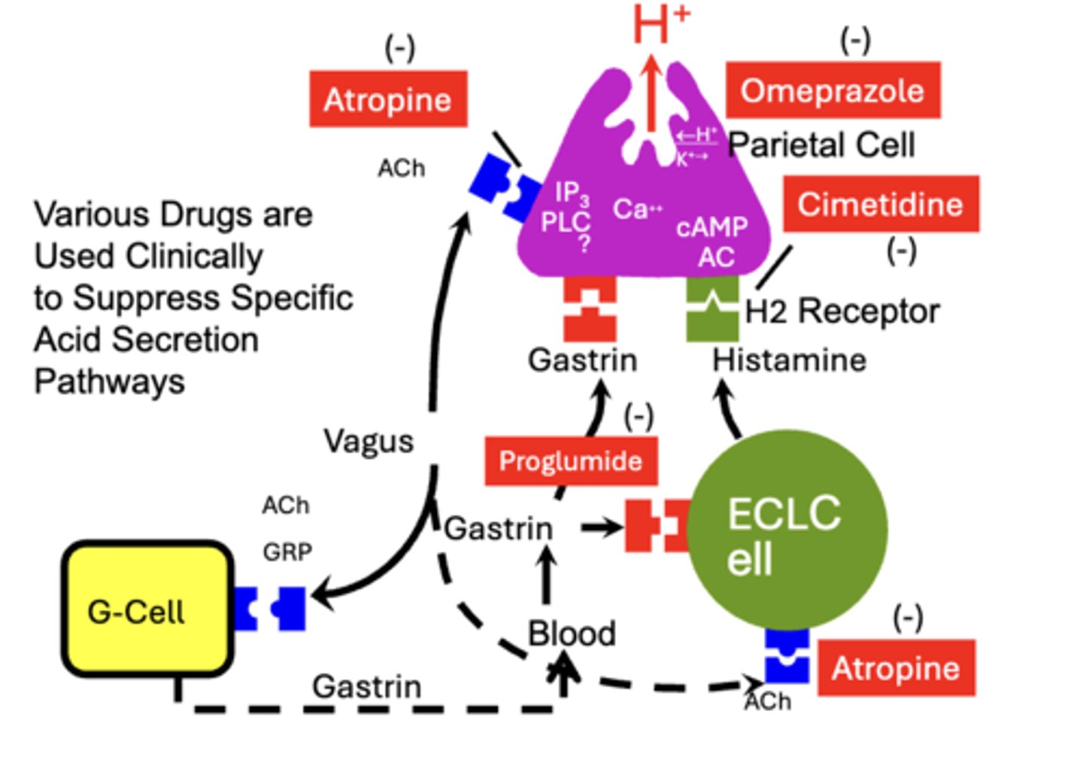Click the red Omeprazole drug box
coord(833,90)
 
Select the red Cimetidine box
coord(881,204)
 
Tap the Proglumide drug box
coord(571,460)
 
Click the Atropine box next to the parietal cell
coord(388,99)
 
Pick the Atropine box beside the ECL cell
coord(896,668)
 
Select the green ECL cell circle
coord(786,530)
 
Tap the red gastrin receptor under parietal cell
coord(590,308)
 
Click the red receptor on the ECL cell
coord(656,524)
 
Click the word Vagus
coord(369,441)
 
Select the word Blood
coord(572,634)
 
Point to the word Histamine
coord(789,360)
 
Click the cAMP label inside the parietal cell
coord(711,226)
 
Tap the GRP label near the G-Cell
coord(287,552)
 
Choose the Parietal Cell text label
coord(821,144)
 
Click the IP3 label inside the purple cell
coord(572,193)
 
